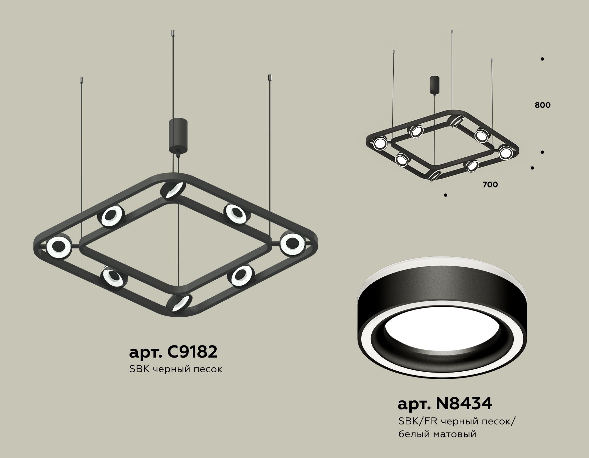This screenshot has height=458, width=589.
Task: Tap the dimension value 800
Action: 543,105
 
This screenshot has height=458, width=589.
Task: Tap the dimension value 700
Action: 490,185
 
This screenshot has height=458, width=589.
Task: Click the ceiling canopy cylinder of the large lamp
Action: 178,135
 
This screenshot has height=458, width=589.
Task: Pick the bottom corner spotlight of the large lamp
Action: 179,304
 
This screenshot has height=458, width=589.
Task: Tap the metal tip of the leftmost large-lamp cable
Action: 81,80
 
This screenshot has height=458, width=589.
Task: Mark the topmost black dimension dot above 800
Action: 542,59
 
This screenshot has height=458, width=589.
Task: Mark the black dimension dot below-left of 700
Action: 446,195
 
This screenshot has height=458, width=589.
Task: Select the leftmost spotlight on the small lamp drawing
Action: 380,143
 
